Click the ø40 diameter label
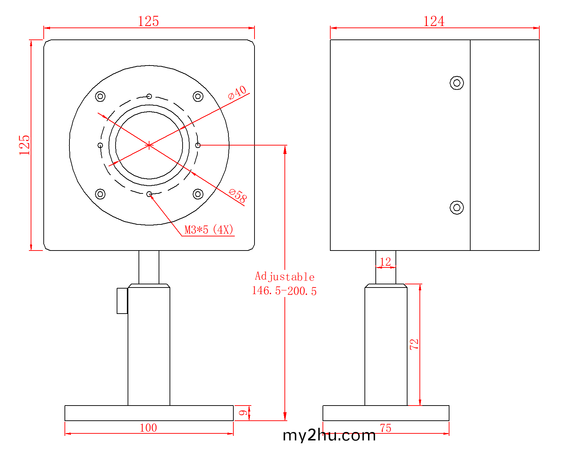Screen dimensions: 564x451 [237, 93]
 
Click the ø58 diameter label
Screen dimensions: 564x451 [238, 196]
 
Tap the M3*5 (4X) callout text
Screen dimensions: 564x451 [209, 230]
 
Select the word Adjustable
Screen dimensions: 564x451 [284, 277]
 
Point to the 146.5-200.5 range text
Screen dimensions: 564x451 [284, 291]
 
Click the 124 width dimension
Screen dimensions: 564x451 [434, 21]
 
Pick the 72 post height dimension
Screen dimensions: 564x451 [414, 344]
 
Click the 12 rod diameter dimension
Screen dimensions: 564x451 [385, 262]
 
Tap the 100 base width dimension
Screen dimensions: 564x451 [148, 428]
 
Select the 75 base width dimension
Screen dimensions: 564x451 [386, 428]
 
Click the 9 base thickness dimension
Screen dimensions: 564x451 [243, 413]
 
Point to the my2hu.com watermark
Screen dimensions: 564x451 [329, 435]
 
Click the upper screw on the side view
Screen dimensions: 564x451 [456, 83]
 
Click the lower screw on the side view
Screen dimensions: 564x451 [456, 208]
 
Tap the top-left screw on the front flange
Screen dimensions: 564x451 [100, 97]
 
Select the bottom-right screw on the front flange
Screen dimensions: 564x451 [198, 194]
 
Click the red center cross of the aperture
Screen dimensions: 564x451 [149, 145]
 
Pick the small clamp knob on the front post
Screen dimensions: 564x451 [122, 301]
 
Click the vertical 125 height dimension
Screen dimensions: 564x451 [24, 145]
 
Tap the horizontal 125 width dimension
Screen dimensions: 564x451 [148, 21]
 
